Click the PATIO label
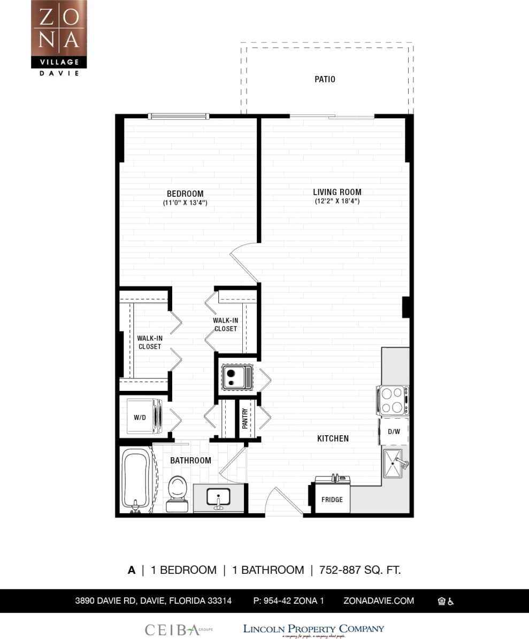click(325, 79)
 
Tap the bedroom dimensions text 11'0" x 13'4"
click(185, 203)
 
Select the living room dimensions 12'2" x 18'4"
click(337, 202)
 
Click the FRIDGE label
click(332, 499)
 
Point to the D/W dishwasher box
click(394, 431)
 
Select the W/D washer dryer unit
click(143, 417)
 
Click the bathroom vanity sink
click(218, 497)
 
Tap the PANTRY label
click(245, 419)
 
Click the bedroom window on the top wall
click(178, 116)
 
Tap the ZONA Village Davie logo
click(59, 37)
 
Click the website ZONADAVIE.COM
click(379, 600)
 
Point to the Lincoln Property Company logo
click(313, 630)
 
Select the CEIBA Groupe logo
click(178, 630)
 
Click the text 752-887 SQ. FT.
click(360, 570)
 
